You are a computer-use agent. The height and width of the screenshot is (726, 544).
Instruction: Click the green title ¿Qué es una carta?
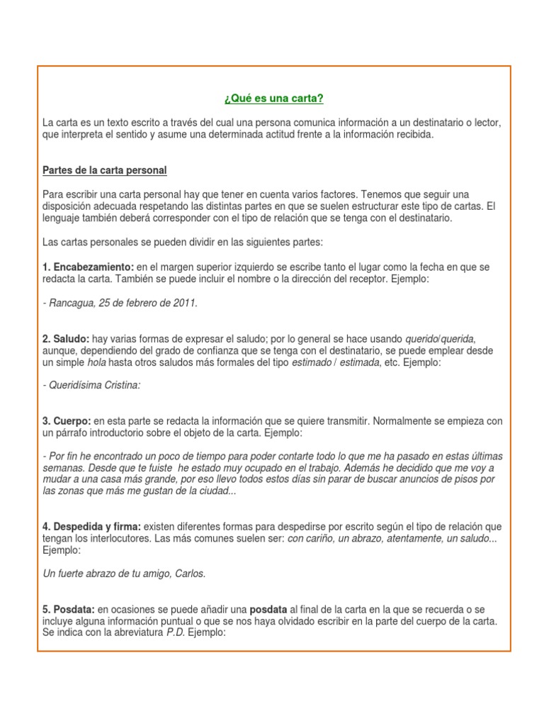[273, 98]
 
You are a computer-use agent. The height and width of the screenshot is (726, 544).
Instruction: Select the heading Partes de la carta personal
[105, 170]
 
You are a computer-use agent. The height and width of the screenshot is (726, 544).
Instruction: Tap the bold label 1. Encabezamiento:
[88, 267]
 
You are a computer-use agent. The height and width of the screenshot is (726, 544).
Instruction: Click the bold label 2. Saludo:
[66, 339]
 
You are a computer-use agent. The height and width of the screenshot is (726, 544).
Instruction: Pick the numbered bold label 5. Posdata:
[68, 610]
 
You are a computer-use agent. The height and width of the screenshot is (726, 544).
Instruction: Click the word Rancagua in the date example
[69, 303]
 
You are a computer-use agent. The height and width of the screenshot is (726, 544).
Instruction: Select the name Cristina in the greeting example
[120, 386]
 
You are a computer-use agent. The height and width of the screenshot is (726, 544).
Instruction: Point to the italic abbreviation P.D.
[176, 633]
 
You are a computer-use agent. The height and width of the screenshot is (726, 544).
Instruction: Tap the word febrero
[144, 303]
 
